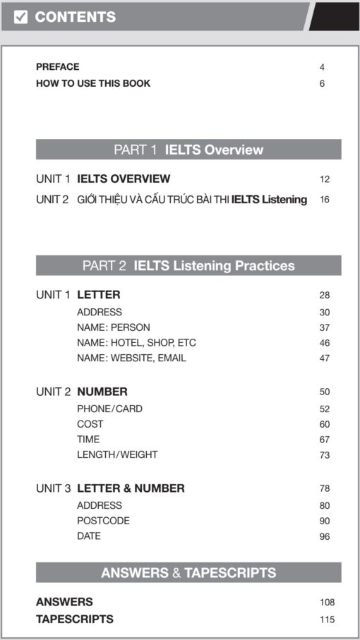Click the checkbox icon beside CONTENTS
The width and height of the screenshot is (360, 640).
(x=21, y=17)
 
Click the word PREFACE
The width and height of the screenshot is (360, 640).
(x=57, y=67)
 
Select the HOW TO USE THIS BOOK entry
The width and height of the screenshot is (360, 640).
(x=92, y=83)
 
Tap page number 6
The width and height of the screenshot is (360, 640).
(x=322, y=84)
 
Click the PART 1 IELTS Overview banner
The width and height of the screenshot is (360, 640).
(x=188, y=150)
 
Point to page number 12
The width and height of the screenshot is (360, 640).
(x=324, y=179)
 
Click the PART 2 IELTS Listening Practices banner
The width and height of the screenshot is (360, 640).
(x=188, y=266)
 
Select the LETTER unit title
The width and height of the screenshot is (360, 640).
(x=98, y=295)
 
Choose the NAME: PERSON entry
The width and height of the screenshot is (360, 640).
(x=113, y=327)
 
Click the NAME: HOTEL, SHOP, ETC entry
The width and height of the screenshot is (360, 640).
(x=136, y=343)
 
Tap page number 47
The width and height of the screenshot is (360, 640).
(x=324, y=358)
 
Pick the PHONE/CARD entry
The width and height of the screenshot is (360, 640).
(x=109, y=409)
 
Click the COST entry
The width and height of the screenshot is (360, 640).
(x=90, y=424)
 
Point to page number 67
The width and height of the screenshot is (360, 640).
(x=324, y=440)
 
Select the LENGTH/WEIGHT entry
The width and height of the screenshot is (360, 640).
(x=117, y=454)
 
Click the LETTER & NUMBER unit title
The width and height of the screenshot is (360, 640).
(x=131, y=488)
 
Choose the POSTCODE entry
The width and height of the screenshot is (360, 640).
(x=103, y=521)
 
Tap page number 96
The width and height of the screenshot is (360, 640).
(x=324, y=536)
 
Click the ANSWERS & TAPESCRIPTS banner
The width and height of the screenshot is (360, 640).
(x=188, y=573)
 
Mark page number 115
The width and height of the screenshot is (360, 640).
(x=326, y=620)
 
